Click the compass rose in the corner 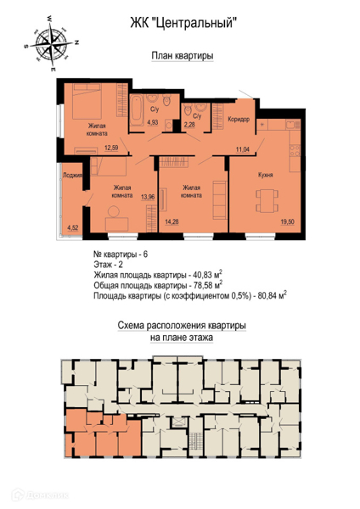51,42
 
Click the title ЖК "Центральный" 182,23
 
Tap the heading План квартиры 183,56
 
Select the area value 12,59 111,148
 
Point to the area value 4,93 153,122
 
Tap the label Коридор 239,119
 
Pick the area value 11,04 243,149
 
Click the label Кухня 266,175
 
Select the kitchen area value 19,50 288,222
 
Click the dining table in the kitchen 267,200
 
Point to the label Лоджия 72,176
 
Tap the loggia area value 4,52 72,227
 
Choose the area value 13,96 148,197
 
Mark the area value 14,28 172,222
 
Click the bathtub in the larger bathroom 137,110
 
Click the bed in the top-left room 87,102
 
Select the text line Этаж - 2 108,265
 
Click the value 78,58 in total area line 201,286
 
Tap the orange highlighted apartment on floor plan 104,433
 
